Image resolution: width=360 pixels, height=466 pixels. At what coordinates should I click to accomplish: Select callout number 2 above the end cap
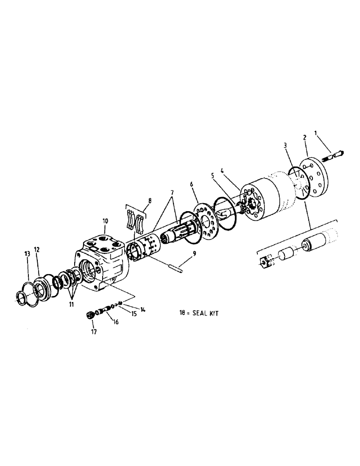click(304, 138)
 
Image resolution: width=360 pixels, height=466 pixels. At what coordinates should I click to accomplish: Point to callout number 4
click(222, 171)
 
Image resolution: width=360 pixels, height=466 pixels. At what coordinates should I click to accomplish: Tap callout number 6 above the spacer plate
click(191, 184)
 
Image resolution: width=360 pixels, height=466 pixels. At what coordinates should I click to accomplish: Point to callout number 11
click(71, 304)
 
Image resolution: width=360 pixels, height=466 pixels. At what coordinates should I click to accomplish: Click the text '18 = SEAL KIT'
click(200, 314)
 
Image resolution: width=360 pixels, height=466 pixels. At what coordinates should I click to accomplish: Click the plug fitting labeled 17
click(90, 315)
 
